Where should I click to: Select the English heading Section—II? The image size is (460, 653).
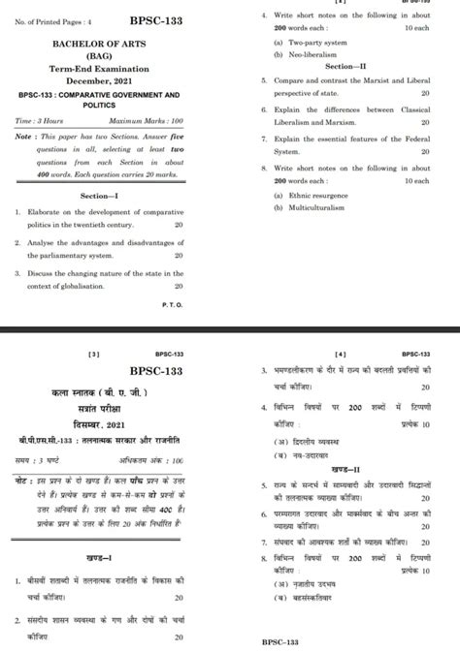345,65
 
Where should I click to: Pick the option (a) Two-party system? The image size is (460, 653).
309,43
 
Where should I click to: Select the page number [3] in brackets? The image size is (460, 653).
94,355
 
